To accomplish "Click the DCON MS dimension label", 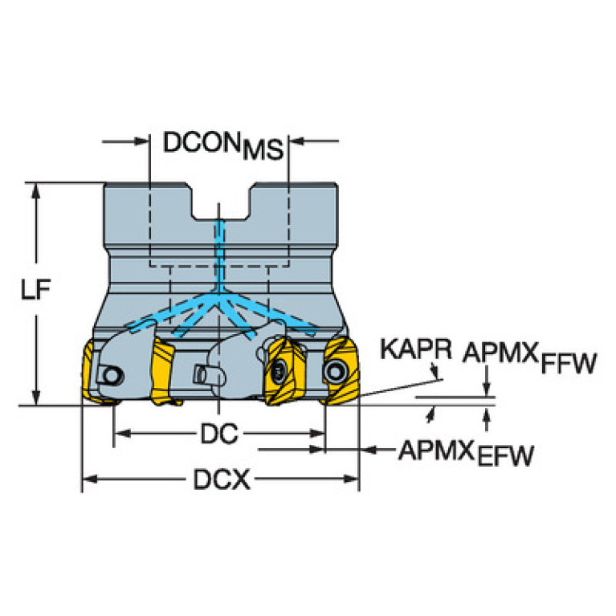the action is point(223,145).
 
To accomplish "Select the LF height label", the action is point(36,289).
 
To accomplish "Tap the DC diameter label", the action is point(219,434).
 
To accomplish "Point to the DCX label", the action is point(222,479).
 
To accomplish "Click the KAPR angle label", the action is point(416,349).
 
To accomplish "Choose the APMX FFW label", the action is point(529,358).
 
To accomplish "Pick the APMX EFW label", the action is point(466,453).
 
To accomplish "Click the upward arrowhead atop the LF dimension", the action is point(36,191).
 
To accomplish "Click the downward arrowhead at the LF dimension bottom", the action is point(36,398).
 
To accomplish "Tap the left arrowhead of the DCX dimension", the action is point(90,479).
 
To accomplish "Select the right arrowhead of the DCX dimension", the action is point(351,479).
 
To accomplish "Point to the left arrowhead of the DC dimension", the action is point(122,434).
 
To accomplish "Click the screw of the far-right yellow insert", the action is point(335,371).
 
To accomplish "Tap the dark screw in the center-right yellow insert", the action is point(279,371).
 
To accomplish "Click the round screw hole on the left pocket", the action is point(112,376).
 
